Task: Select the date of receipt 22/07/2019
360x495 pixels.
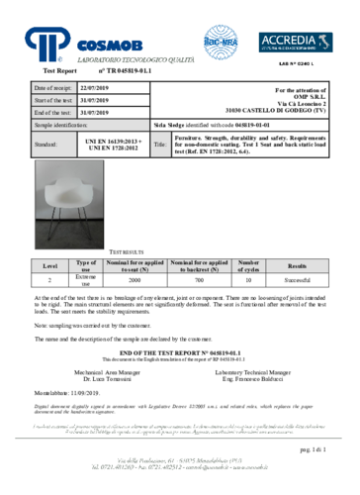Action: point(98,89)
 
